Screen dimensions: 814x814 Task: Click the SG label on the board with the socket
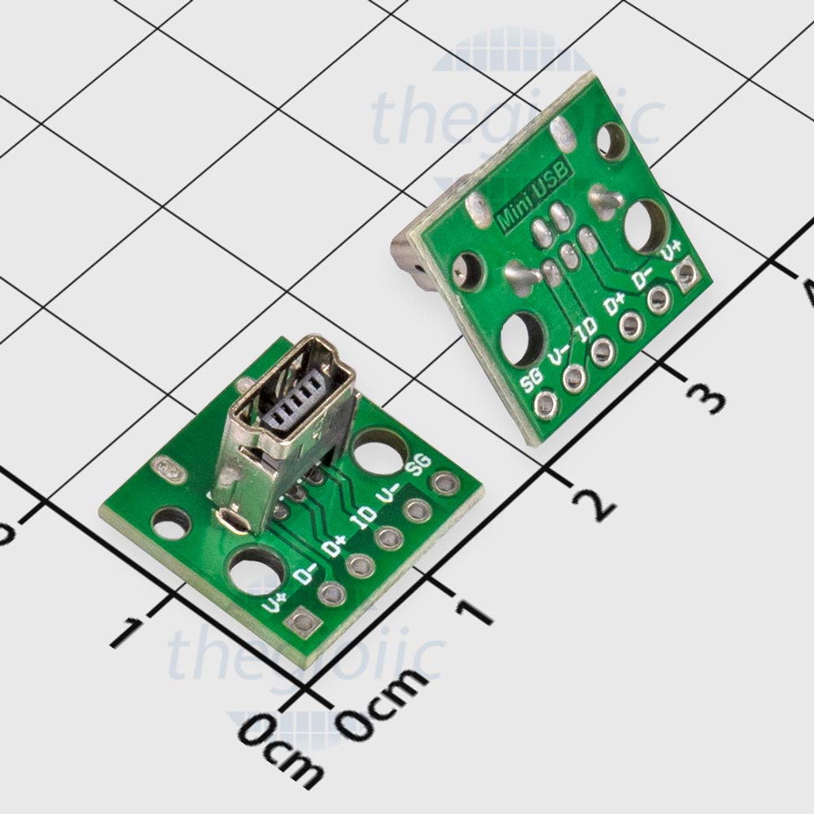[x=418, y=466]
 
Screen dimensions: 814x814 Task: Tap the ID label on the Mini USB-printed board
[x=586, y=331]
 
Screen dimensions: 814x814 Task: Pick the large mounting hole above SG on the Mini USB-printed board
[x=519, y=335]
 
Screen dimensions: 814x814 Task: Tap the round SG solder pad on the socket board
[x=444, y=484]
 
